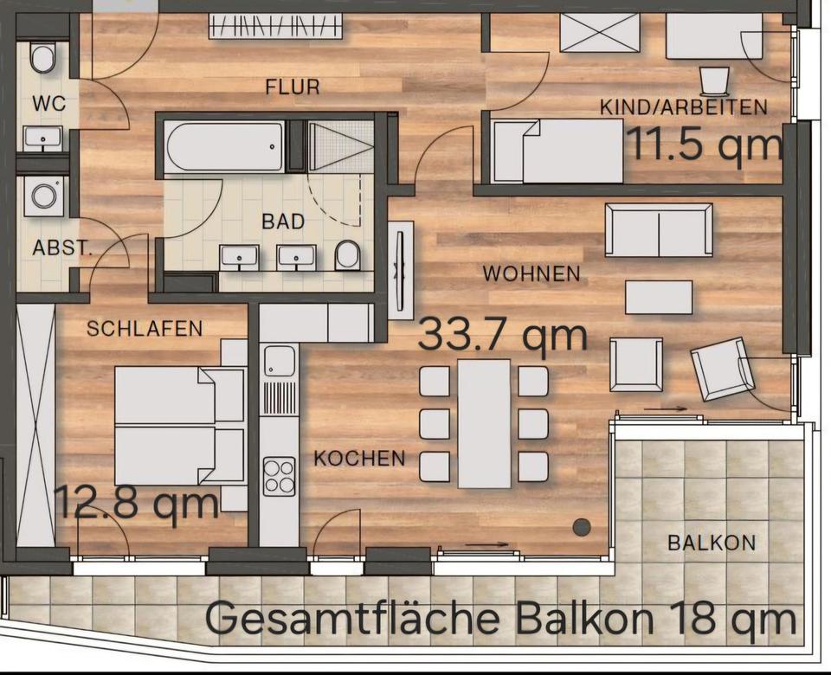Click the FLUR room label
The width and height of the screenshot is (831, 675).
point(293,87)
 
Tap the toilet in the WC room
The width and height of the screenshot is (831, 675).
point(42,58)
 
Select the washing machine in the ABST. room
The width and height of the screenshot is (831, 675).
point(44,196)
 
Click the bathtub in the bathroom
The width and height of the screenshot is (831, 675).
point(224,145)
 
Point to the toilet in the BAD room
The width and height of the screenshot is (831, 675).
point(348,254)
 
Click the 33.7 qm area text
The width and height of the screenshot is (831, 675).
point(502,336)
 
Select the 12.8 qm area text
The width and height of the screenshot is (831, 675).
point(137,503)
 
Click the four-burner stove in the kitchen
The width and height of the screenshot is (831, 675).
point(280,476)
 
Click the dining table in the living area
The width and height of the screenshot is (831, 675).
point(485,423)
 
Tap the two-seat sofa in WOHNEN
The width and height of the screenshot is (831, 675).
point(659,230)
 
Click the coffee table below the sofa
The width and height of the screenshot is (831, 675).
point(659,298)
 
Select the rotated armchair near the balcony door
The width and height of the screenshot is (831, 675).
point(722,370)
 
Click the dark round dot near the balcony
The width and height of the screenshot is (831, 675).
point(582,527)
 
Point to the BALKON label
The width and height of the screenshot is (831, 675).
point(712,543)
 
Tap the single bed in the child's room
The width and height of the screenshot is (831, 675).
point(557,151)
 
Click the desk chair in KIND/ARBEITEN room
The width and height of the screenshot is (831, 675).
point(714,80)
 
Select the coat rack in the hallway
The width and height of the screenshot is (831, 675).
point(275,25)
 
